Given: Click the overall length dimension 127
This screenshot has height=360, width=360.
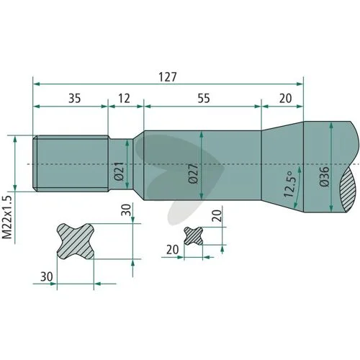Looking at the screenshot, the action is [x=168, y=77].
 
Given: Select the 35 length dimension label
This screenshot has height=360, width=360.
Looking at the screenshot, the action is [x=75, y=99].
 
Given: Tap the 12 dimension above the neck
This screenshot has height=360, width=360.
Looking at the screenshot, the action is [x=124, y=99].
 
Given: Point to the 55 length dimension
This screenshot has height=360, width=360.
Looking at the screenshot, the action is [x=204, y=99].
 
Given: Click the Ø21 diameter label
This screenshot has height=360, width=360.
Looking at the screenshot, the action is [x=120, y=171].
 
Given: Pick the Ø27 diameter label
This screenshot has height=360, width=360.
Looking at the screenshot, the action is [x=194, y=174].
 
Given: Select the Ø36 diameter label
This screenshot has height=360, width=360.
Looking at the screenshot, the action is [x=325, y=176].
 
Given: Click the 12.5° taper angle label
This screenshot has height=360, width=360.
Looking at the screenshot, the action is [x=289, y=184].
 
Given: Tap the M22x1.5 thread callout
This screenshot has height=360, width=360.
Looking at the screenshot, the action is [x=7, y=217].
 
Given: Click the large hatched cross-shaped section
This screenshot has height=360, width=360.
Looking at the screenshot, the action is [x=76, y=241].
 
